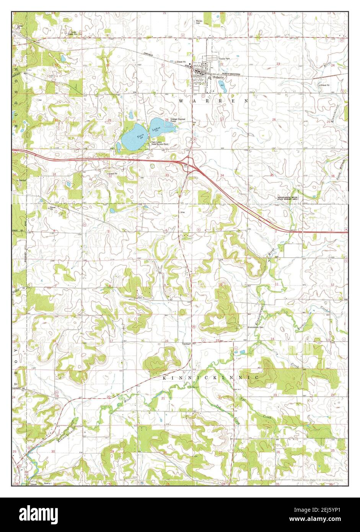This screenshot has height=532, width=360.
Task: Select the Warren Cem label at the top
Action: click(x=199, y=22)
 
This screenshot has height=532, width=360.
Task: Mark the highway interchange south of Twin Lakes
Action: click(x=189, y=164)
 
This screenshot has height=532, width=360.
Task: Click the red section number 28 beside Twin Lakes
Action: click(x=167, y=120)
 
